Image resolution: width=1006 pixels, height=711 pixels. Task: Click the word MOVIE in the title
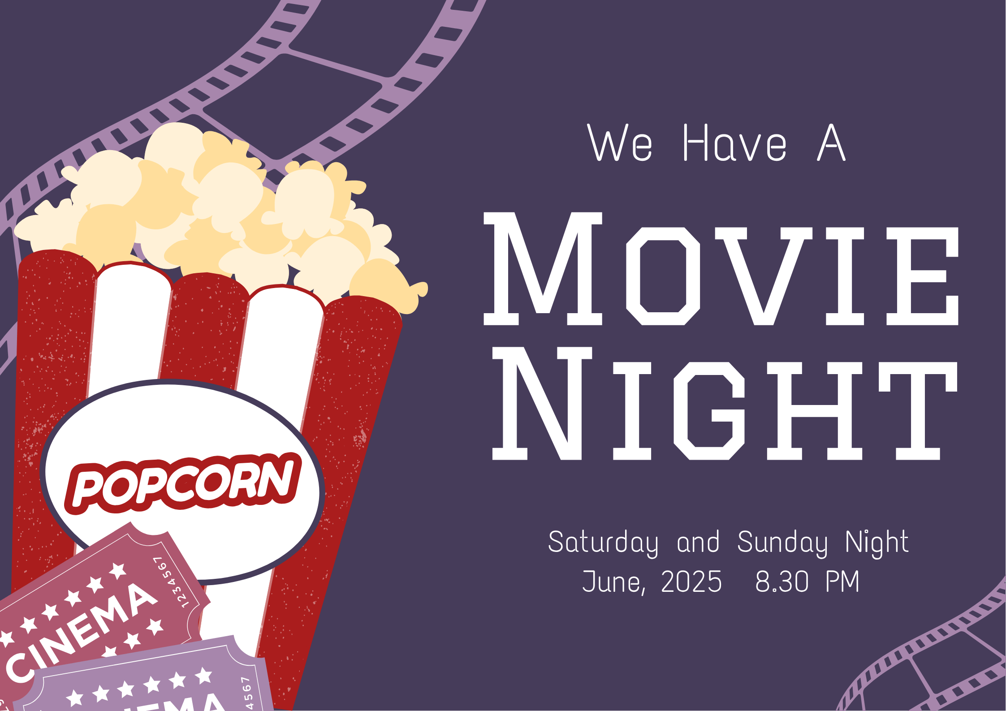721,269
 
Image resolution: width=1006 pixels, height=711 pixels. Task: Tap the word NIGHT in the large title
725,403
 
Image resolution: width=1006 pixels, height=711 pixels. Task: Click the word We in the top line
620,142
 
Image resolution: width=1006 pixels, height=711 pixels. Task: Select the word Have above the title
735,142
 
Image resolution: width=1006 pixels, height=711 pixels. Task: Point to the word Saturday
603,543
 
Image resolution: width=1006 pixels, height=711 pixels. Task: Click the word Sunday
782,543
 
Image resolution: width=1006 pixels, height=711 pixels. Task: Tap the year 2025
691,582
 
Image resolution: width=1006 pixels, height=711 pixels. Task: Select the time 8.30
782,582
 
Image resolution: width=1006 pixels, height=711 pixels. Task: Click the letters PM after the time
842,582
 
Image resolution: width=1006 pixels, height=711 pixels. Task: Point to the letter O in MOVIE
663,276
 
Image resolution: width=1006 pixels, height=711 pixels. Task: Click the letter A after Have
831,142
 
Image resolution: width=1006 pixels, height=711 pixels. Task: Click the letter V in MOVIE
763,276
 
